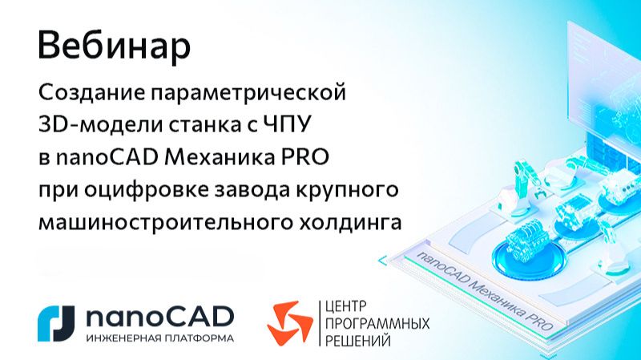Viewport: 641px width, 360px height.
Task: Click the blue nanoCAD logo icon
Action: click(56, 322)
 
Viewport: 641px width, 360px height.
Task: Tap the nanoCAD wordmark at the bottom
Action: click(159, 316)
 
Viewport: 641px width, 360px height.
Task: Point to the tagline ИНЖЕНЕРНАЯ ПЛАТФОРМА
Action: click(159, 338)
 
